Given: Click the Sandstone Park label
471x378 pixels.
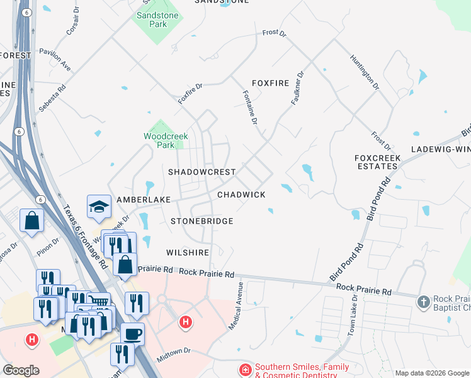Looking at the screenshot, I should click(x=157, y=20).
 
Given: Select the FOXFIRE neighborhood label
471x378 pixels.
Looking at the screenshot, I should click(x=270, y=83).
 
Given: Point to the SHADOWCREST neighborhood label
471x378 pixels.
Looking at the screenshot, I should click(x=201, y=172).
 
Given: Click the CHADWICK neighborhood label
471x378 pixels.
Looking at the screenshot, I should click(x=241, y=195).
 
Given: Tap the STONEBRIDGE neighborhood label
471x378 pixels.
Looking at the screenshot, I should click(x=202, y=222).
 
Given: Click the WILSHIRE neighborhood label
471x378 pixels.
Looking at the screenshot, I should click(x=188, y=253).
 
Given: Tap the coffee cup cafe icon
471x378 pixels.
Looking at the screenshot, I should click(x=133, y=335).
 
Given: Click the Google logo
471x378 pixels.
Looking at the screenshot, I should click(x=21, y=370).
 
